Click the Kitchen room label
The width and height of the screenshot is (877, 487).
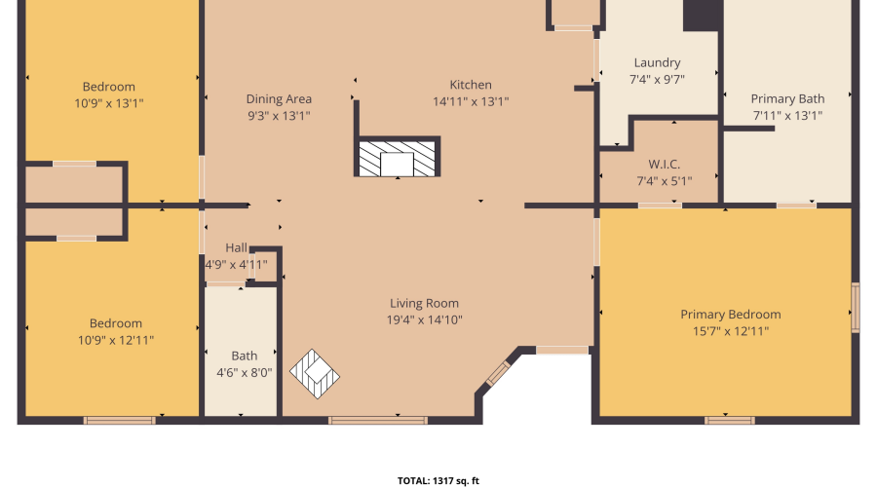pyautogui.click(x=471, y=85)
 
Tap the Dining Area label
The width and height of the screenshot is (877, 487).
pyautogui.click(x=279, y=98)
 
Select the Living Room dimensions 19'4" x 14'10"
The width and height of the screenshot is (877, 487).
pyautogui.click(x=424, y=319)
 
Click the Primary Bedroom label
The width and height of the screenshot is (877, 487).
pyautogui.click(x=730, y=315)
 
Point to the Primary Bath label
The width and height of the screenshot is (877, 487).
pyautogui.click(x=787, y=98)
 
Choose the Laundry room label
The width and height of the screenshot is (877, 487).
pyautogui.click(x=657, y=63)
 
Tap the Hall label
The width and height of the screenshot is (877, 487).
pyautogui.click(x=237, y=247)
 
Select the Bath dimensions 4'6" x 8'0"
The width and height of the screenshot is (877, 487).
pyautogui.click(x=245, y=372)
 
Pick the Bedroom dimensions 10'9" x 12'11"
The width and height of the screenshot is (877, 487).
pyautogui.click(x=116, y=340)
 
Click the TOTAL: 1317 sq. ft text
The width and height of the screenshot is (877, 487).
pyautogui.click(x=438, y=480)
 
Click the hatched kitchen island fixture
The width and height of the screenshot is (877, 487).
pyautogui.click(x=398, y=159)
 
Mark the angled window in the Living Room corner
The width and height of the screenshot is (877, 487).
pyautogui.click(x=498, y=374)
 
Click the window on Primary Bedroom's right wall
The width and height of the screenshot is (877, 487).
pyautogui.click(x=856, y=308)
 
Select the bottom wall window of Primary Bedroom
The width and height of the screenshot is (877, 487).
pyautogui.click(x=729, y=421)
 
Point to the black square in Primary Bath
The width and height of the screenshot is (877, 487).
pyautogui.click(x=703, y=15)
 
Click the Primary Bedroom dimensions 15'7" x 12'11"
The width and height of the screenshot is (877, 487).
pyautogui.click(x=730, y=331)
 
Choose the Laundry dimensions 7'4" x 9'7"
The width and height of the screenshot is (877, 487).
pyautogui.click(x=657, y=80)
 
